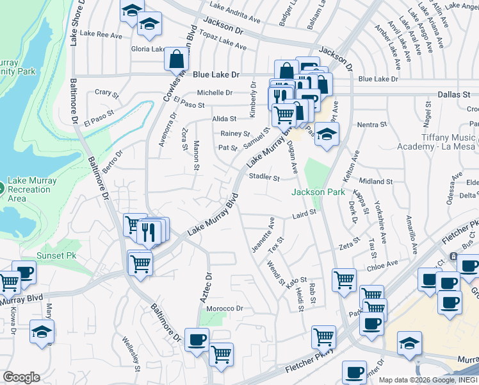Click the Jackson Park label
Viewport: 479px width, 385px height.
[x=318, y=192]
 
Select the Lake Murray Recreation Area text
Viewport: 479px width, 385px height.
[x=32, y=189]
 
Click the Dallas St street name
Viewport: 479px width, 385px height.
[x=454, y=94]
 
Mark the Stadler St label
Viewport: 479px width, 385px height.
[x=264, y=177]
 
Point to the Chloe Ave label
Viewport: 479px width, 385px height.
[x=382, y=262]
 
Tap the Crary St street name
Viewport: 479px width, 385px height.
[x=107, y=93]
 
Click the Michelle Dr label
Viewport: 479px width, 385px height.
[x=215, y=92]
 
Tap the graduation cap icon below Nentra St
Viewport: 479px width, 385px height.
[x=326, y=134]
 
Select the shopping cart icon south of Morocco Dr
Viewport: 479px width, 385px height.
[x=221, y=354]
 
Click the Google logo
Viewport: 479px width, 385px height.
[x=21, y=377]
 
